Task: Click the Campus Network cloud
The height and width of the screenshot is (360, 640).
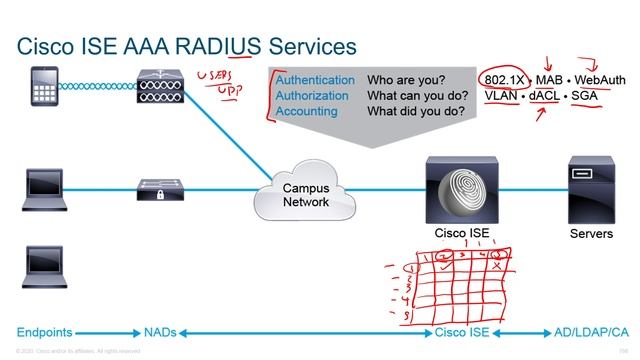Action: (304, 193)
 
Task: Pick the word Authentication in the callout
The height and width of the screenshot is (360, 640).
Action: (315, 80)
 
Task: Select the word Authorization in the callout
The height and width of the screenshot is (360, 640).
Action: (312, 96)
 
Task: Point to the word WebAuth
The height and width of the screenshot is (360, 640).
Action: (597, 79)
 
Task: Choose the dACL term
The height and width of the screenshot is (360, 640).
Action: (544, 96)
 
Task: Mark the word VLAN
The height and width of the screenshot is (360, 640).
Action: (503, 96)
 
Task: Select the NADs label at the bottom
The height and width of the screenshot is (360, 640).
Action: (162, 331)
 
